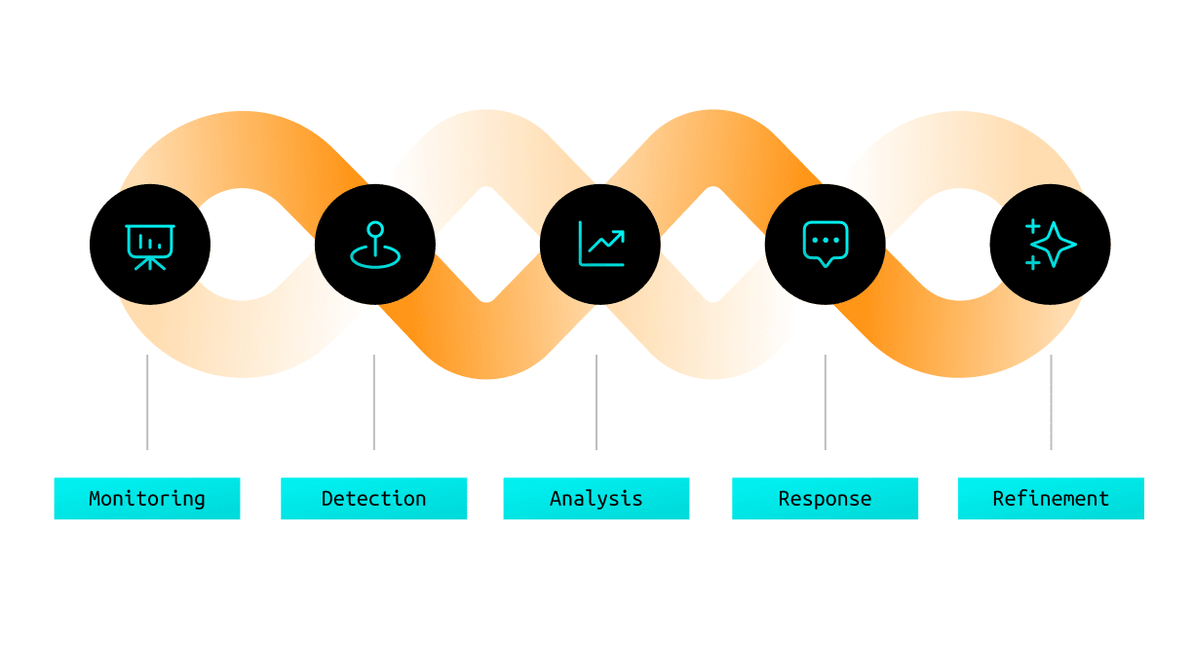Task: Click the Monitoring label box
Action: [x=147, y=498]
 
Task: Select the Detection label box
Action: [x=373, y=498]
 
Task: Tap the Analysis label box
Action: [x=596, y=498]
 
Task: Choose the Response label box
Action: [x=825, y=498]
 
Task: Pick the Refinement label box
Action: [x=1051, y=498]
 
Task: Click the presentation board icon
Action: [x=150, y=245]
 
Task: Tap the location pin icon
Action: [x=375, y=245]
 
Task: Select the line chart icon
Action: [x=600, y=245]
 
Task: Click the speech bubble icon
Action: [x=826, y=244]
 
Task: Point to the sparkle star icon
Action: [x=1050, y=245]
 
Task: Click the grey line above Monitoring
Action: [x=147, y=401]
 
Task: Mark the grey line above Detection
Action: [x=374, y=401]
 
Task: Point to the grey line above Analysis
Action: [x=596, y=401]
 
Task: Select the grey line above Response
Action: [x=826, y=401]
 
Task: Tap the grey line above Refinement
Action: [x=1051, y=401]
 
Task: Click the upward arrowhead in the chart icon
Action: [x=620, y=235]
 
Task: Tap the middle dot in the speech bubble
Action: [x=826, y=239]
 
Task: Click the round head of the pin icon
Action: [x=375, y=229]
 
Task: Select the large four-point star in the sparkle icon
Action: [x=1055, y=244]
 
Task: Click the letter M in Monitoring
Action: [x=95, y=498]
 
